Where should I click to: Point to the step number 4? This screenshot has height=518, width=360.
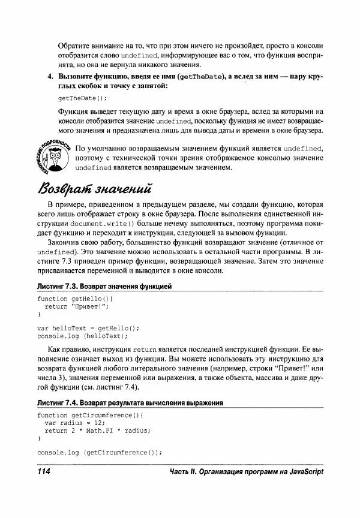[x=50, y=77]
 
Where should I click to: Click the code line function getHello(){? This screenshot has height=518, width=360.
[x=75, y=298]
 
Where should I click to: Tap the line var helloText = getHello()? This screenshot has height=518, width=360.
[x=88, y=328]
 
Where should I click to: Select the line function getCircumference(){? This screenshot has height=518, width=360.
[x=92, y=415]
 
